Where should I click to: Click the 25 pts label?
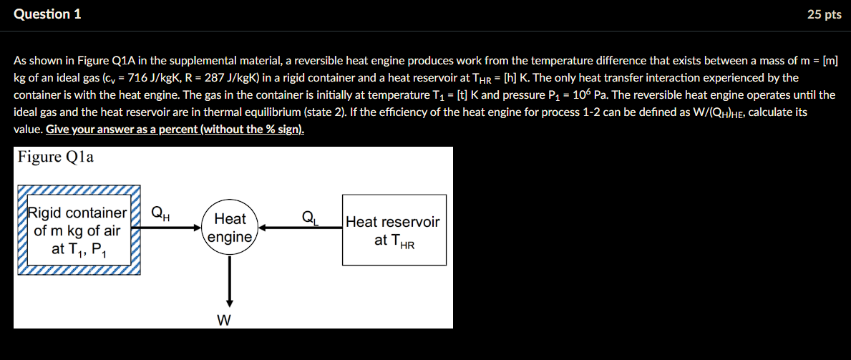tap(824, 14)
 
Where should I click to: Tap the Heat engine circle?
tap(230, 228)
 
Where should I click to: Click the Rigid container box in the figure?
tap(77, 230)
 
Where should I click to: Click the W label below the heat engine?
tap(224, 320)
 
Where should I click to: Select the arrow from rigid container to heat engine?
tap(171, 229)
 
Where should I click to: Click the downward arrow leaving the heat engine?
tap(230, 280)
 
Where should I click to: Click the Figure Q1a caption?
tap(55, 157)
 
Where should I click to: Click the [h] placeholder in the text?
tap(504, 77)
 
